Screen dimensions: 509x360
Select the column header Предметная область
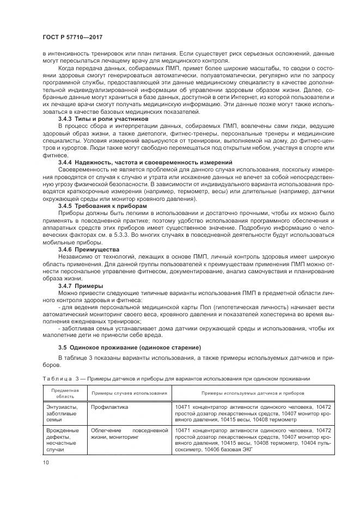[x=65, y=393]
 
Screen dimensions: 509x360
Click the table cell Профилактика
[x=107, y=407]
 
